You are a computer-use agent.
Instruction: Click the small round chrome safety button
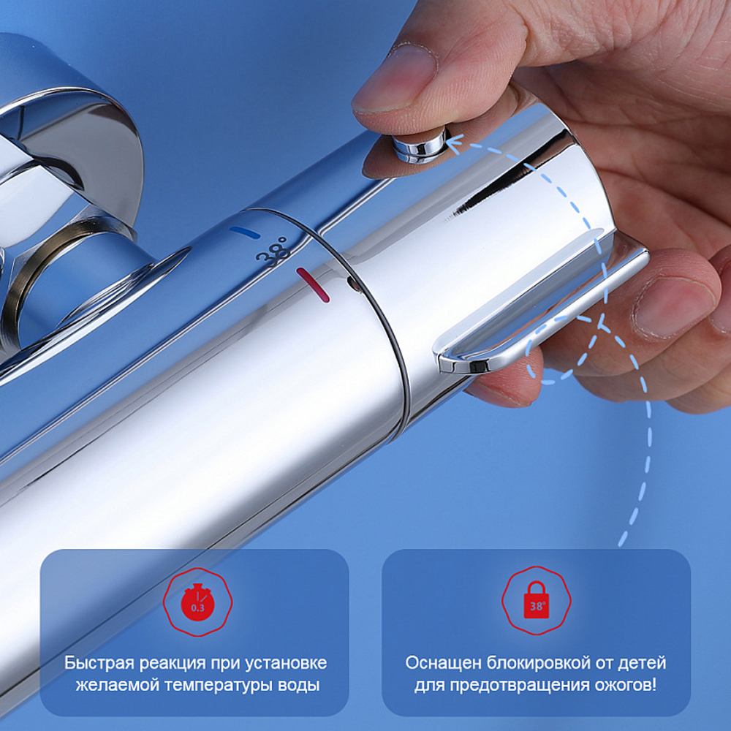[x=420, y=145]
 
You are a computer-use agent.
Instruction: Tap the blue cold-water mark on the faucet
[x=245, y=232]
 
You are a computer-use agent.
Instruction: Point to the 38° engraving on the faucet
[x=273, y=252]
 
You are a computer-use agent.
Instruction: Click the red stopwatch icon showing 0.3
[x=197, y=602]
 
